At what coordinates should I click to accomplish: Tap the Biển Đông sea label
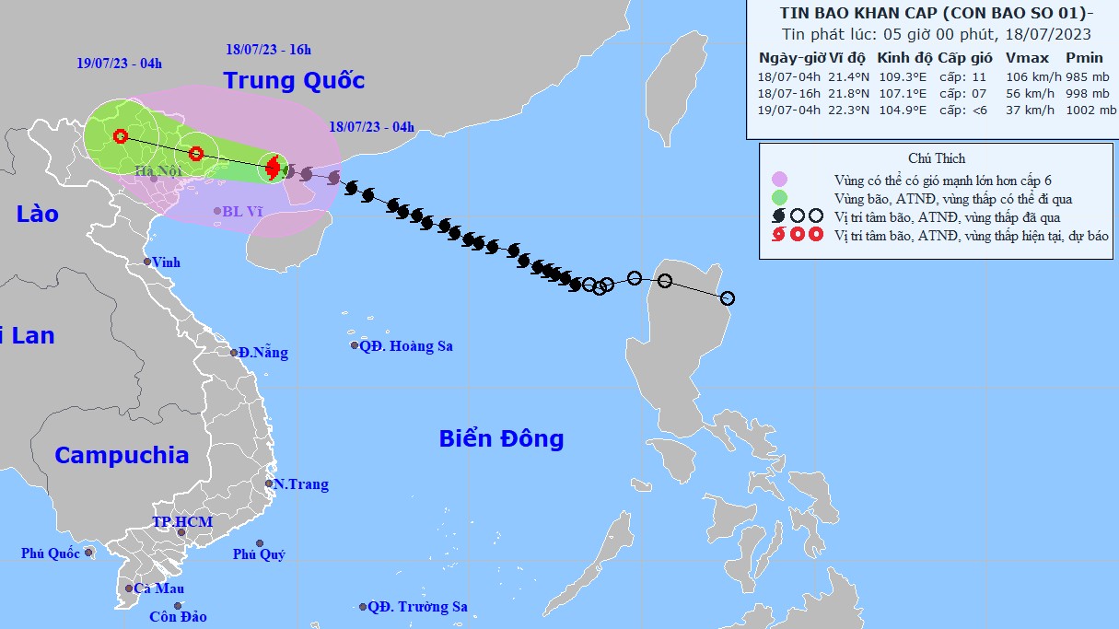501,438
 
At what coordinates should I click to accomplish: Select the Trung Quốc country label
294,81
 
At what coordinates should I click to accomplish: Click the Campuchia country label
122,455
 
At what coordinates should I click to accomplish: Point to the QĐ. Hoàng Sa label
406,346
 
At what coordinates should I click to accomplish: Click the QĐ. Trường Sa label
417,607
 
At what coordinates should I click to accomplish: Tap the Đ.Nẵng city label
262,353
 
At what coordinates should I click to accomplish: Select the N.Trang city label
301,484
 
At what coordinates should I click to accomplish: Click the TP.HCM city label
182,522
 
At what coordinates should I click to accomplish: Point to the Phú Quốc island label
52,553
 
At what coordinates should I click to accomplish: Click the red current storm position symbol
273,168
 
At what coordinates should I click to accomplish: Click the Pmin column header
1084,57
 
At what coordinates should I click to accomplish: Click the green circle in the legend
780,198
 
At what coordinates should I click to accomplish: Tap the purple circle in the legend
780,179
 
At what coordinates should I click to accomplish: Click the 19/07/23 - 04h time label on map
120,64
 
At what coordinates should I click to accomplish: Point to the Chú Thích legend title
936,158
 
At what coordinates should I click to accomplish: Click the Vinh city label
167,262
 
